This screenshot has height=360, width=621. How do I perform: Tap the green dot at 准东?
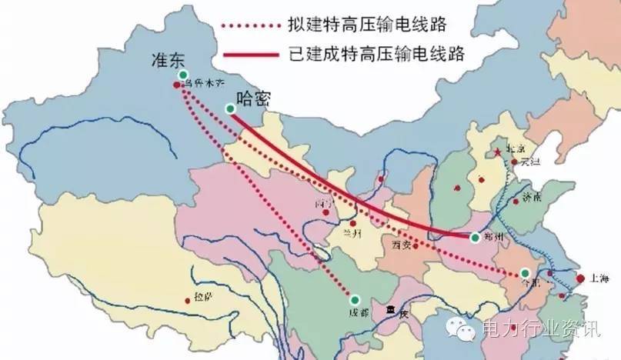183,75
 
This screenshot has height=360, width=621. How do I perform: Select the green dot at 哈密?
229,109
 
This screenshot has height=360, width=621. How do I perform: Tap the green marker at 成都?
356,299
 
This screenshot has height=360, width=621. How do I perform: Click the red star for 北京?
498,152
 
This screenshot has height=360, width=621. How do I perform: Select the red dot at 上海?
579,278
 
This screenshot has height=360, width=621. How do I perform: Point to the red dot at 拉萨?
188,300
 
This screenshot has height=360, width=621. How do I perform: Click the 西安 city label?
400,245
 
